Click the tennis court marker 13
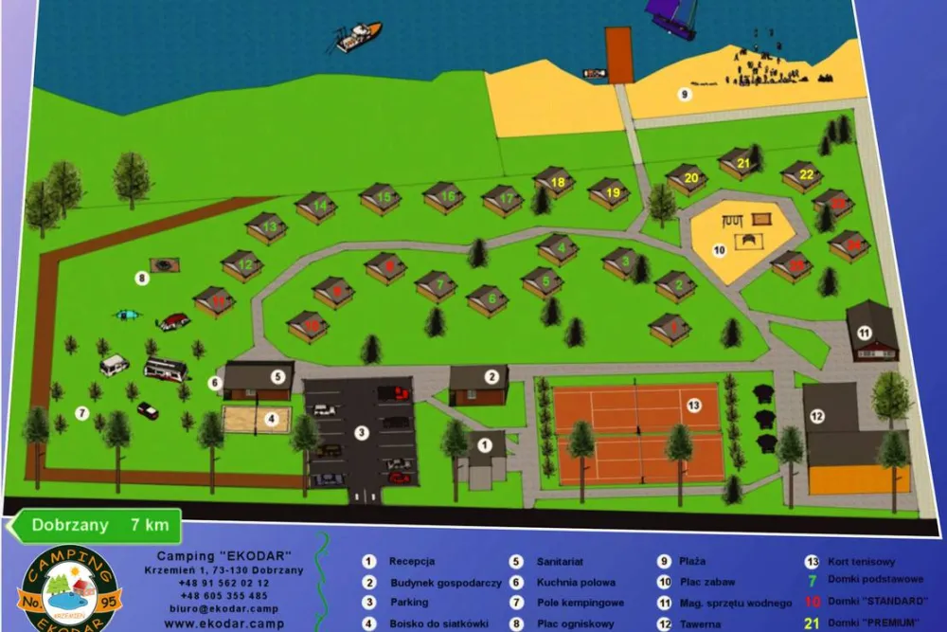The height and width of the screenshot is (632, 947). click(x=693, y=406)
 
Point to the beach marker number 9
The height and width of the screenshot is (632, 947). click(x=684, y=94)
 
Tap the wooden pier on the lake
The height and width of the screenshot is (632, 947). click(x=619, y=54)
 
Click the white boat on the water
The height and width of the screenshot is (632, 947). click(x=359, y=37)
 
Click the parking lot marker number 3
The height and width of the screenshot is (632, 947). click(x=361, y=433)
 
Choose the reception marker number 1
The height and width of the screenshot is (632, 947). click(x=486, y=443)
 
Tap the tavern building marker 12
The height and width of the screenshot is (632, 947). click(x=817, y=415)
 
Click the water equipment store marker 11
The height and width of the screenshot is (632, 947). click(x=864, y=333)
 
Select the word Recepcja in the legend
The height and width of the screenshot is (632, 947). click(x=412, y=562)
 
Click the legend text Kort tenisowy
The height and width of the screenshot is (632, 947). click(x=861, y=562)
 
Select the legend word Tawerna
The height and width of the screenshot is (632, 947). click(x=702, y=624)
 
